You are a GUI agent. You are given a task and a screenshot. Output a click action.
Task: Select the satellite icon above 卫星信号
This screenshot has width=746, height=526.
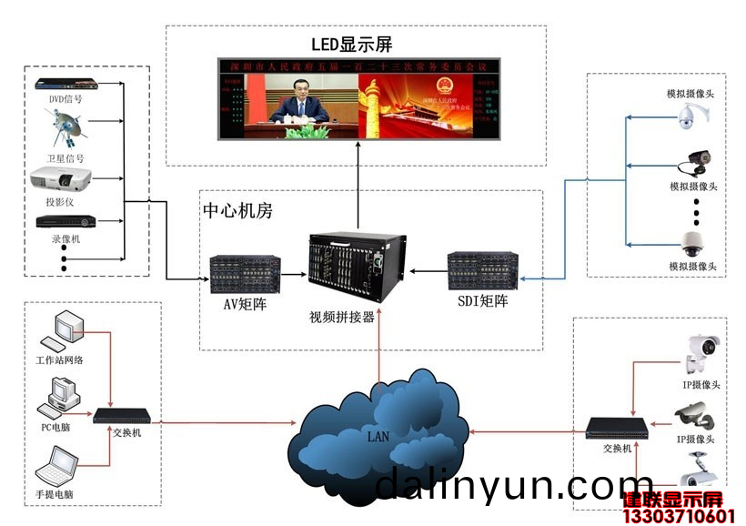[66, 126]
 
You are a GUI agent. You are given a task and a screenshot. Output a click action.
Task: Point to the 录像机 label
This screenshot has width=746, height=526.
[66, 238]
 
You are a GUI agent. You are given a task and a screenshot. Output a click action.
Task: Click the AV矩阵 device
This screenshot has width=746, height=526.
[243, 272]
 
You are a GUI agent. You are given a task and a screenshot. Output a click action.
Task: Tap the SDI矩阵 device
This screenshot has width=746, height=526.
[481, 270]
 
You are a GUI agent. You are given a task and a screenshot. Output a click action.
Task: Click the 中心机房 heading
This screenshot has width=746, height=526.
[237, 211]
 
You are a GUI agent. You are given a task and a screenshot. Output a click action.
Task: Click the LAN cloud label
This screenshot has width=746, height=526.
[378, 436]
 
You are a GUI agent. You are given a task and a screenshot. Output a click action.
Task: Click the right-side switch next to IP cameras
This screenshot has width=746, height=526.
[617, 428]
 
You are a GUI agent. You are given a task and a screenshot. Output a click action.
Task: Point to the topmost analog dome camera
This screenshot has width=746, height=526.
[692, 116]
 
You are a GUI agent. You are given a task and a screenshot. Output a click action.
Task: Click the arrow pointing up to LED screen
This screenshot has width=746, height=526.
[358, 164]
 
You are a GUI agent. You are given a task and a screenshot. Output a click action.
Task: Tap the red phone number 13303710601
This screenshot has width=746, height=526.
[678, 517]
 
